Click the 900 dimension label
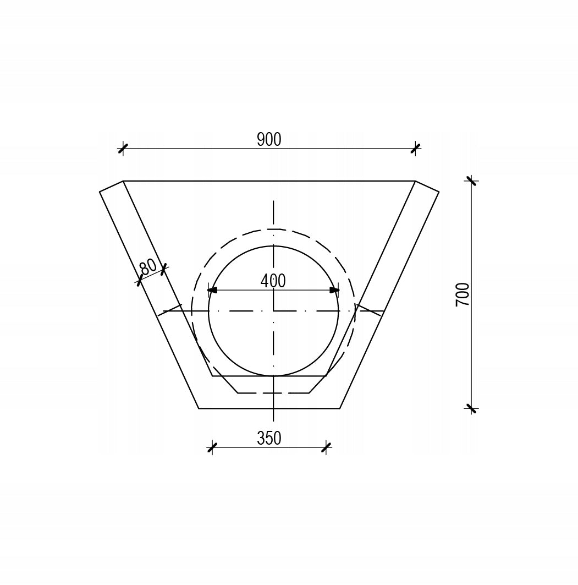tap(269, 139)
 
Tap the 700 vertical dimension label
tap(463, 295)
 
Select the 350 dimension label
tap(269, 439)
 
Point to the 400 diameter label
tap(273, 281)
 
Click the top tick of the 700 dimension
tap(472, 181)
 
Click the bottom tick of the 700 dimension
tap(472, 408)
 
